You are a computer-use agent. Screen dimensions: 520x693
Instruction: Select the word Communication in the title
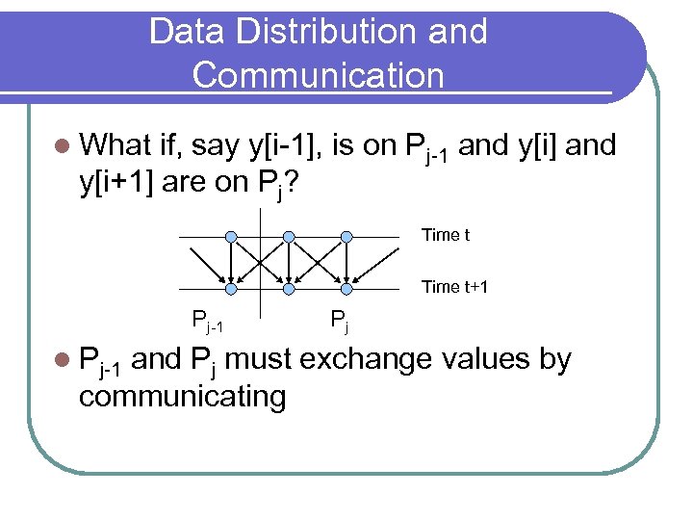click(x=319, y=74)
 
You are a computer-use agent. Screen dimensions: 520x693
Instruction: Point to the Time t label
click(x=446, y=235)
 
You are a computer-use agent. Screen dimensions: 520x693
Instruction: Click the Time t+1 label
click(x=455, y=287)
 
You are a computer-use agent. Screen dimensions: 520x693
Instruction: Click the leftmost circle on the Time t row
click(x=231, y=236)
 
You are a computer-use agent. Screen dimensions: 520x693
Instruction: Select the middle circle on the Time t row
click(x=289, y=236)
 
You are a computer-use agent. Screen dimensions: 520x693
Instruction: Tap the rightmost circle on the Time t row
click(x=346, y=236)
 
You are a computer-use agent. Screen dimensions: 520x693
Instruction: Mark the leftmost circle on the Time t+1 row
click(x=231, y=287)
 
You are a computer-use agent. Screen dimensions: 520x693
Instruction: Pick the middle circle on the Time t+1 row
click(x=289, y=287)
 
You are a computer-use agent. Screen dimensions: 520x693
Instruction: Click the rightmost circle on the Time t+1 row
click(x=346, y=287)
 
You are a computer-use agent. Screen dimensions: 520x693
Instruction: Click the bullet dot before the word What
click(x=63, y=146)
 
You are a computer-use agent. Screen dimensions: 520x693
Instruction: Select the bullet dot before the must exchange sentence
click(x=63, y=361)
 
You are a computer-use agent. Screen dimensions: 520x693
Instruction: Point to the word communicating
click(x=182, y=396)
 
